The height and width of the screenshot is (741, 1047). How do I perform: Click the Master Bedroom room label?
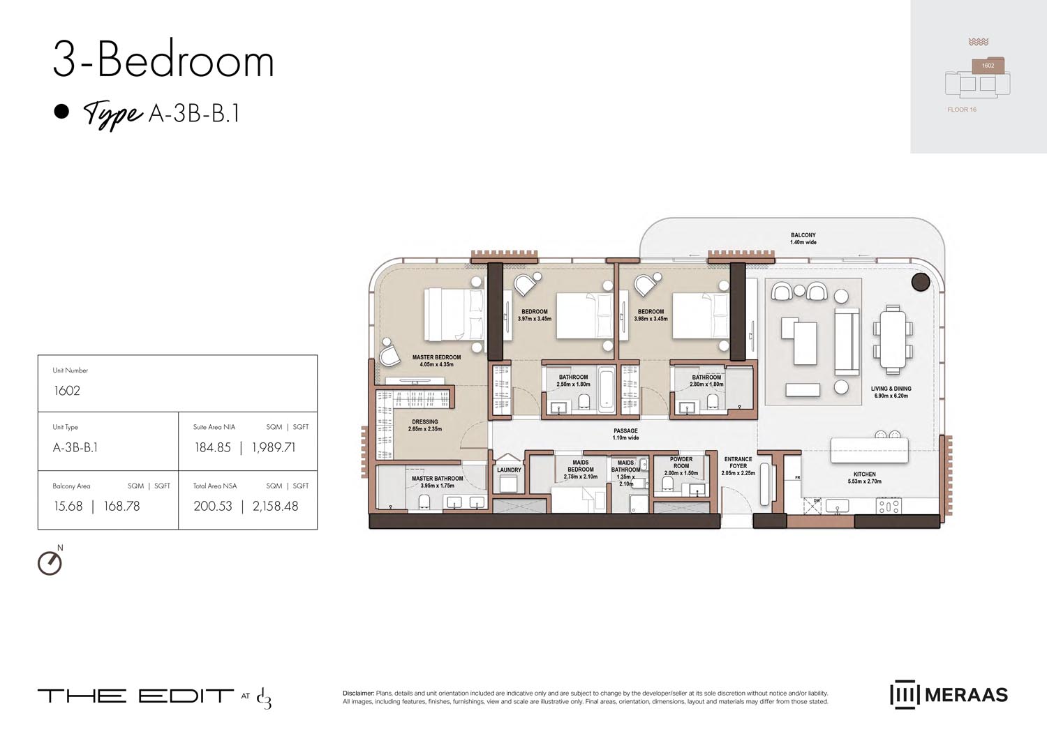436,357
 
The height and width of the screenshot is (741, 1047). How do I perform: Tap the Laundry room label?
509,470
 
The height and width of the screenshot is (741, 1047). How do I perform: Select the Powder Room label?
681,463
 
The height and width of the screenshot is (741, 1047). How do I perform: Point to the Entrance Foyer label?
738,463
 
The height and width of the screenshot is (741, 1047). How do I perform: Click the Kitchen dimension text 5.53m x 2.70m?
864,481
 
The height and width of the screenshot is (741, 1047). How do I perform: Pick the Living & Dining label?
891,389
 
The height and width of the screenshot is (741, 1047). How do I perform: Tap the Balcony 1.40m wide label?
803,239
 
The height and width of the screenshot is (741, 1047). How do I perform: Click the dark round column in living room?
921,282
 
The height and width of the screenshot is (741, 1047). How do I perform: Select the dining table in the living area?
893,340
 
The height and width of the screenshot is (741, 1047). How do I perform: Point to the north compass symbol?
50,562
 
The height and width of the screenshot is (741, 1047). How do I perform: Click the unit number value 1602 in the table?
67,391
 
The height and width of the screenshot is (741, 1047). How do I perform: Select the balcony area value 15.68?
68,507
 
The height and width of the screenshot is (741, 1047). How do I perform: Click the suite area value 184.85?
212,448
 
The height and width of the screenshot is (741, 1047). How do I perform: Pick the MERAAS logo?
949,695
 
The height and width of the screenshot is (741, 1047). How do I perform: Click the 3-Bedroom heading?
163,61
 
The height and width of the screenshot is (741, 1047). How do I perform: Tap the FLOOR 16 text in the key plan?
962,110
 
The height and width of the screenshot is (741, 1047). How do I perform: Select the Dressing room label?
424,422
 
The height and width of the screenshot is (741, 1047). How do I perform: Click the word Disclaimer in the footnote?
358,694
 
